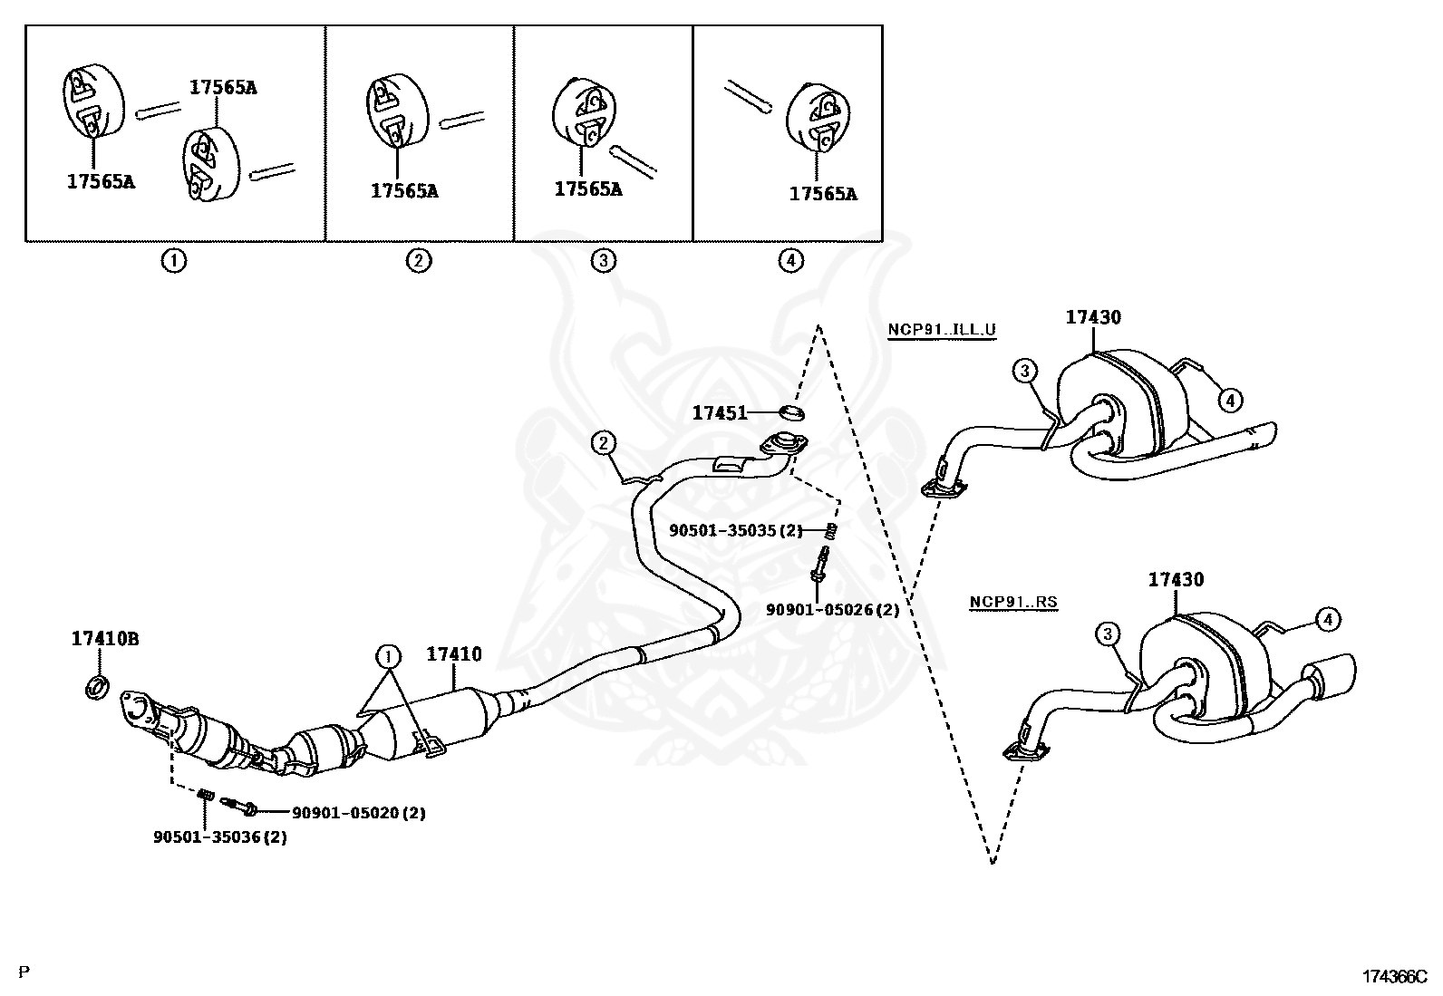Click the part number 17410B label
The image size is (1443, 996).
tap(105, 639)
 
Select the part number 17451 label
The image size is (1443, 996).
tap(720, 413)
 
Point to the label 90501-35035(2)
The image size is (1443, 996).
tap(736, 530)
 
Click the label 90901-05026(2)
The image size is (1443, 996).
tap(832, 610)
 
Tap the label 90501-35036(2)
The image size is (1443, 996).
tap(219, 837)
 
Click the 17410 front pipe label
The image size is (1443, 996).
tap(454, 653)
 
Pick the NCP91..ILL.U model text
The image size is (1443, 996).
tap(941, 330)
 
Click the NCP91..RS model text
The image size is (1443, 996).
tap(1013, 601)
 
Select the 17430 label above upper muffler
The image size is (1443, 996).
tap(1093, 317)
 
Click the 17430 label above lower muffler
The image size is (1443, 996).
tap(1176, 580)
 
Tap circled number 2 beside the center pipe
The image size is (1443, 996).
tap(604, 443)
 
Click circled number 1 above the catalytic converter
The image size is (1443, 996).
tap(387, 655)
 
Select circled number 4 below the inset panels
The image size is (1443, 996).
tap(790, 261)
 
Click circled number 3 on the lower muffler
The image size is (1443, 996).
tap(1108, 633)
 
